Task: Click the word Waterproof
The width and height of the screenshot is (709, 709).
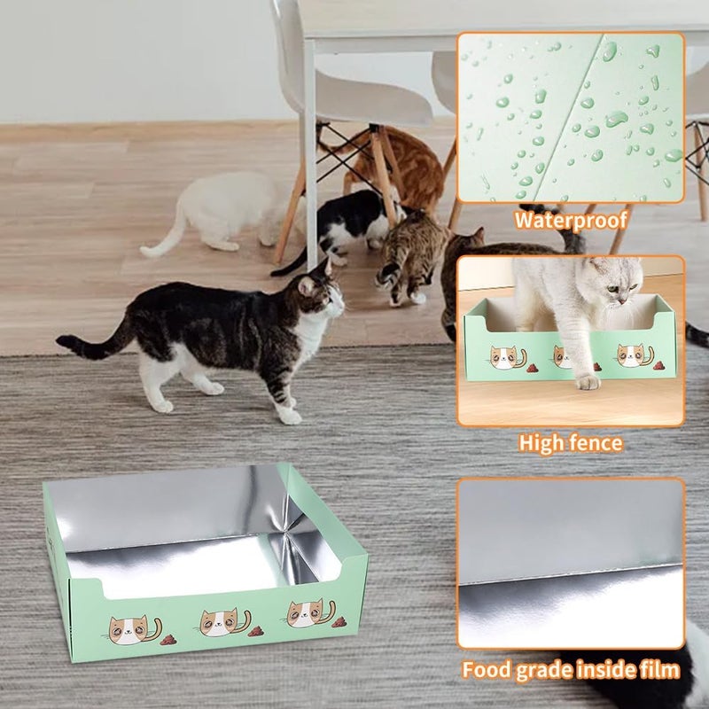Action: click(x=571, y=220)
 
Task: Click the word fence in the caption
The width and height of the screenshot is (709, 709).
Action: click(x=593, y=442)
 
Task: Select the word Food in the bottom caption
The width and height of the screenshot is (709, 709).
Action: click(x=486, y=670)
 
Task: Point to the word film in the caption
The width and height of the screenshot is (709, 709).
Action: click(x=661, y=669)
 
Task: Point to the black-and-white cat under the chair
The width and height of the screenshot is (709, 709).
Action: click(x=344, y=224)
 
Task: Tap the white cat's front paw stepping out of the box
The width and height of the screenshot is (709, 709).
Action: click(x=588, y=383)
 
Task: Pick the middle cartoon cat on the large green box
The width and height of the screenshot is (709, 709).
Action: click(x=222, y=622)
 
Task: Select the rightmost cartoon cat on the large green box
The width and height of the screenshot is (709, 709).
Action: click(x=308, y=613)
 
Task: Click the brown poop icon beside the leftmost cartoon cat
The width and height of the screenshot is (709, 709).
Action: click(x=168, y=639)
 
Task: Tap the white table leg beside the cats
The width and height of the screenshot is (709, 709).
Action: click(x=310, y=153)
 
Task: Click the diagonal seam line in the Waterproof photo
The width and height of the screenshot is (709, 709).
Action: click(x=569, y=118)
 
